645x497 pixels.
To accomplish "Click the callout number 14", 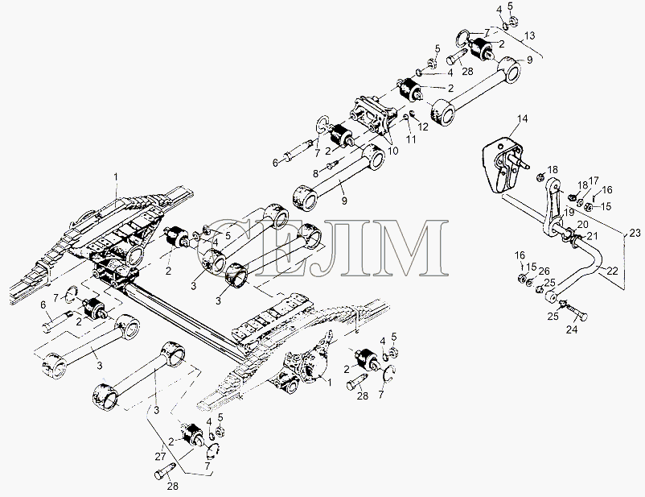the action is [522, 119].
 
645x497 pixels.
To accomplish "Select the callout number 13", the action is [530, 35].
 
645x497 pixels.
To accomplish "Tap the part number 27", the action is [160, 456].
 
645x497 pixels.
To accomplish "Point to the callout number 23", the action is [635, 233].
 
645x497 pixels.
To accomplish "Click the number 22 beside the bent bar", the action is [613, 271].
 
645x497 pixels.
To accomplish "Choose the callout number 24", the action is [572, 329].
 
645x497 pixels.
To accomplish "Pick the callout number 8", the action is [315, 173].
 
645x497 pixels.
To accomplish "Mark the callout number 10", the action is [392, 151].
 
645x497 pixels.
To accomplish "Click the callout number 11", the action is [411, 139].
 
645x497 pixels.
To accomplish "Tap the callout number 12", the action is [423, 126].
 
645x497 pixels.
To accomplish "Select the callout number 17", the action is [594, 181].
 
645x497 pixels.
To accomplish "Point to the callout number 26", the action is [544, 271].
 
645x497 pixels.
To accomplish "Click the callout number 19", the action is [569, 213].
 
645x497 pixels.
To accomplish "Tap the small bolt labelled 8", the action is [331, 165].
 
